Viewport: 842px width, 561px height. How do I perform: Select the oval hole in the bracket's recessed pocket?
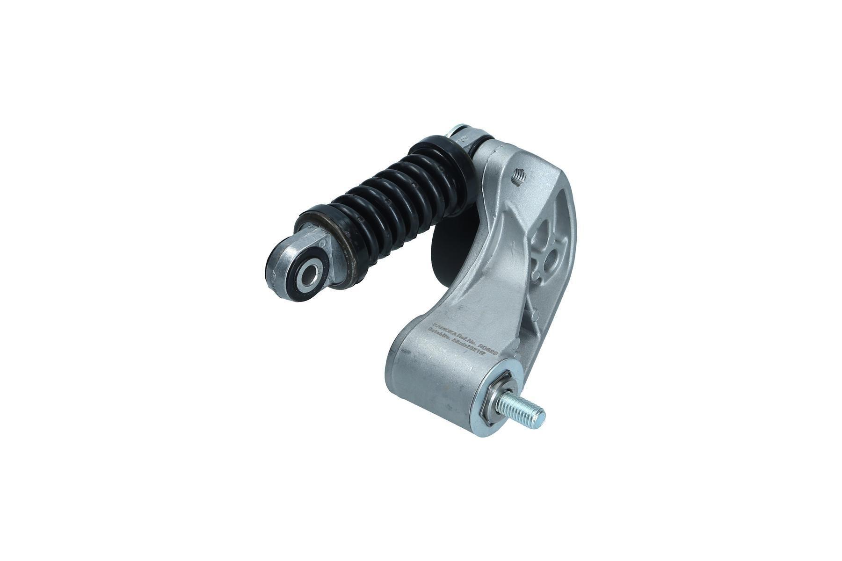click(x=551, y=256)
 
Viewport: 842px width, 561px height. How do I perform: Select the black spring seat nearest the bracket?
click(x=444, y=159)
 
